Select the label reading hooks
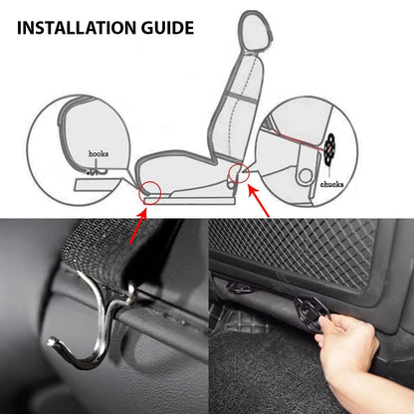(99, 154)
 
